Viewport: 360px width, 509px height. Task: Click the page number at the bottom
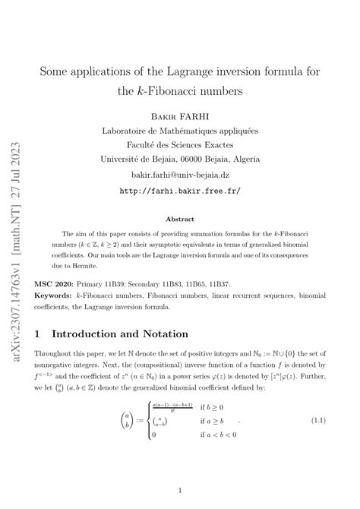click(x=179, y=491)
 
